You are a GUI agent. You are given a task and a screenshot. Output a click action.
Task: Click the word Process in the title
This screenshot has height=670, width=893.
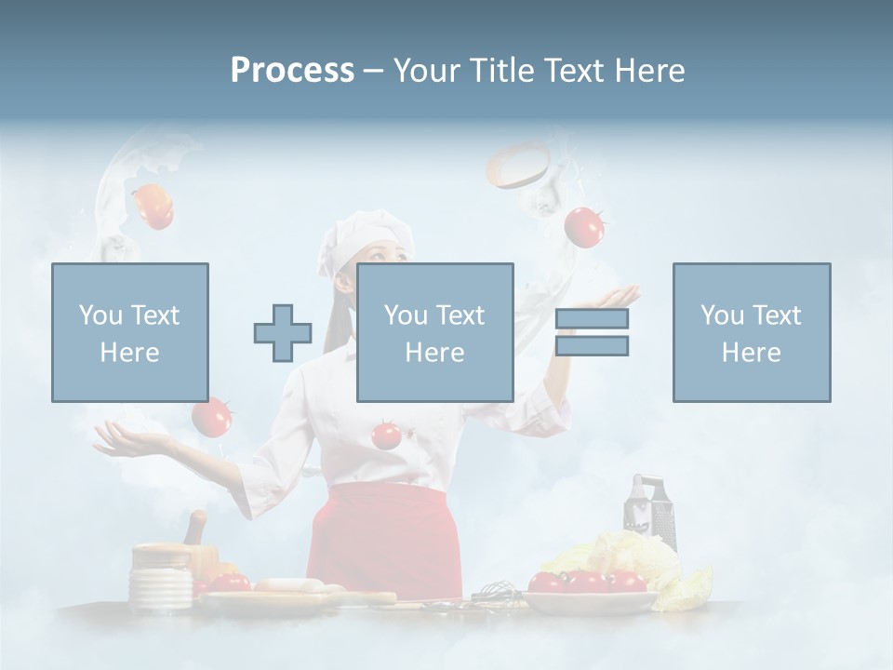tap(292, 70)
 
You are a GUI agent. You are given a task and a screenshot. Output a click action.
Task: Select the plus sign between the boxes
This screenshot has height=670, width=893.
tap(283, 333)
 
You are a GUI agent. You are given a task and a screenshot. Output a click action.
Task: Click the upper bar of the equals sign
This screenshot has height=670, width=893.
tap(592, 318)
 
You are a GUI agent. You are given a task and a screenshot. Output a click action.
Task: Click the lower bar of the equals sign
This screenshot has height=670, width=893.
tap(592, 346)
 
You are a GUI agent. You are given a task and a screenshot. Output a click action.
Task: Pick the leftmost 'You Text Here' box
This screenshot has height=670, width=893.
tap(129, 332)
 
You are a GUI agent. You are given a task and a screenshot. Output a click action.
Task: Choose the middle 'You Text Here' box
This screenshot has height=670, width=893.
tap(434, 332)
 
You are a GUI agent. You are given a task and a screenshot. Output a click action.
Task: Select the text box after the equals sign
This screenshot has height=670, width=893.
tap(751, 332)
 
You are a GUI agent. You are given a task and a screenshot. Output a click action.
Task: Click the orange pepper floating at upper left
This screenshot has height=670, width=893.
tap(153, 207)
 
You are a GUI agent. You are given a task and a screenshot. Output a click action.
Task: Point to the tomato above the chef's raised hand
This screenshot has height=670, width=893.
tap(584, 227)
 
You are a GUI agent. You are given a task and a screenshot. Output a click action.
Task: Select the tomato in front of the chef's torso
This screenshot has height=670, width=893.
tap(386, 434)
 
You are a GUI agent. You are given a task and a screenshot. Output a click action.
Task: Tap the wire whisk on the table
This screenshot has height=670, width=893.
tap(499, 592)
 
